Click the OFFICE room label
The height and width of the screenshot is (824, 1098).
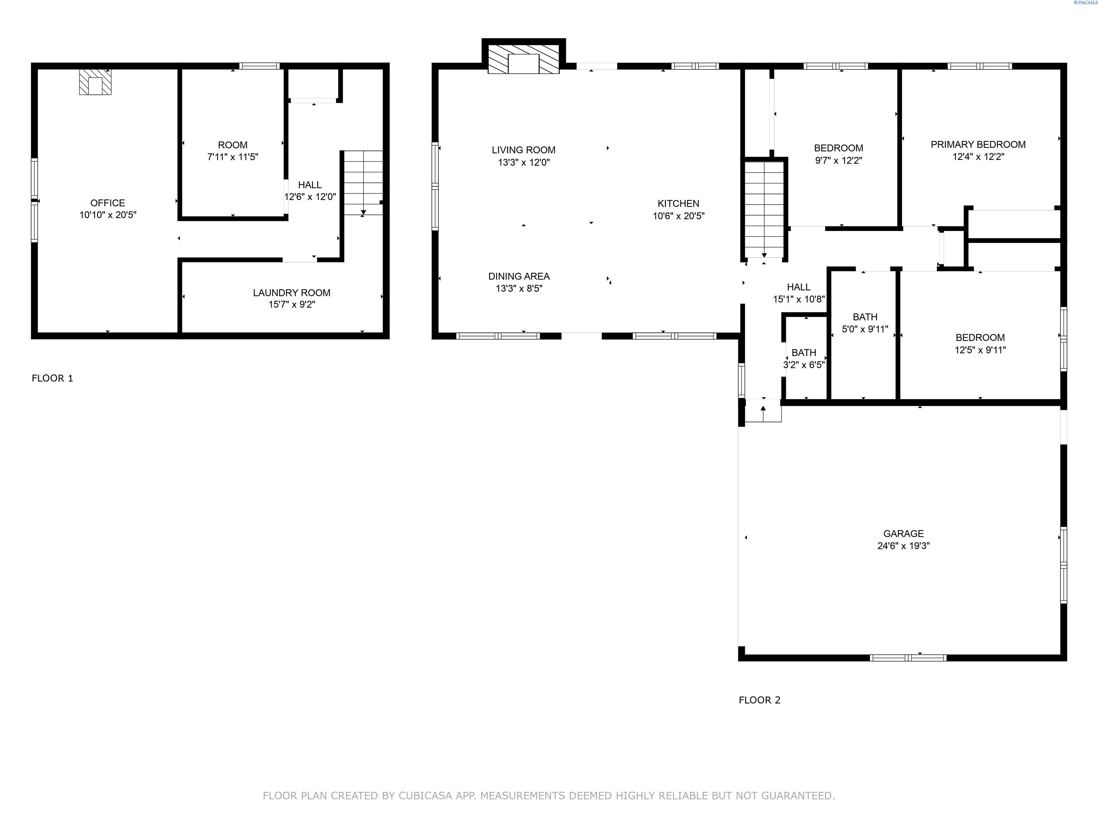(x=108, y=203)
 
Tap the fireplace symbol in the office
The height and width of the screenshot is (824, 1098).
(x=95, y=82)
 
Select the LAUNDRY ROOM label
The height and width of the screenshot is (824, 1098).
(x=292, y=293)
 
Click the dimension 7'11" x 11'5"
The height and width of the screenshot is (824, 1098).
(x=233, y=157)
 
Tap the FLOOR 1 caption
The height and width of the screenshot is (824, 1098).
(x=53, y=378)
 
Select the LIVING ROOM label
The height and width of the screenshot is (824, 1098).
(x=524, y=150)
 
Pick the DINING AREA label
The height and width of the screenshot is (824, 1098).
(x=519, y=276)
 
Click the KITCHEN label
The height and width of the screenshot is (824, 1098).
(x=678, y=203)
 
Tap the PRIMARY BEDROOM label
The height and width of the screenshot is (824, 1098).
(x=978, y=144)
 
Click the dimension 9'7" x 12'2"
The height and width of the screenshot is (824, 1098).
(x=839, y=161)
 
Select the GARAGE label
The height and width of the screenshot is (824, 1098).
(x=904, y=534)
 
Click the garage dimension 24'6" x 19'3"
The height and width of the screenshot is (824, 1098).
(x=904, y=546)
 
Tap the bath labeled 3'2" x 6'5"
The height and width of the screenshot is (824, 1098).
(x=804, y=353)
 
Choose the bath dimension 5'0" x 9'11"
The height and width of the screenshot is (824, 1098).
(x=865, y=329)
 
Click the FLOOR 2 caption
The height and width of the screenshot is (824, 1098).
(x=760, y=700)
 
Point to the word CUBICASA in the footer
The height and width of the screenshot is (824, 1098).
(x=425, y=796)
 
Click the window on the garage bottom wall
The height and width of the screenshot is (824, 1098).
(x=908, y=658)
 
